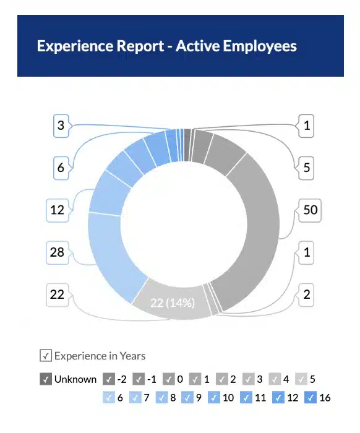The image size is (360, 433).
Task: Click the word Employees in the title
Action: coord(260,46)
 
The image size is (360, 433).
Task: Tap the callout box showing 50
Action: coord(310,210)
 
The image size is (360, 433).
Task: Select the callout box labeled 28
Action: coord(57,252)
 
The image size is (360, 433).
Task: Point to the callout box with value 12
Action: coord(57,210)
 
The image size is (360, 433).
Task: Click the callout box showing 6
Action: coord(61,168)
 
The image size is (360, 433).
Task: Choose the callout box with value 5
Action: coord(306,168)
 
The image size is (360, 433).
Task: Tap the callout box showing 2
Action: coord(306,294)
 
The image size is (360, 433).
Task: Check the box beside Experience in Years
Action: coord(45,356)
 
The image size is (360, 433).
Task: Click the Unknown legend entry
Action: coord(68,379)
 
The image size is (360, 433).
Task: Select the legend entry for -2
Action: coord(115,379)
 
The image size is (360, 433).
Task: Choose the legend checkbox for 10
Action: coord(221,397)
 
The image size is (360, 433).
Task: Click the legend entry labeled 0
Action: coord(173,379)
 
